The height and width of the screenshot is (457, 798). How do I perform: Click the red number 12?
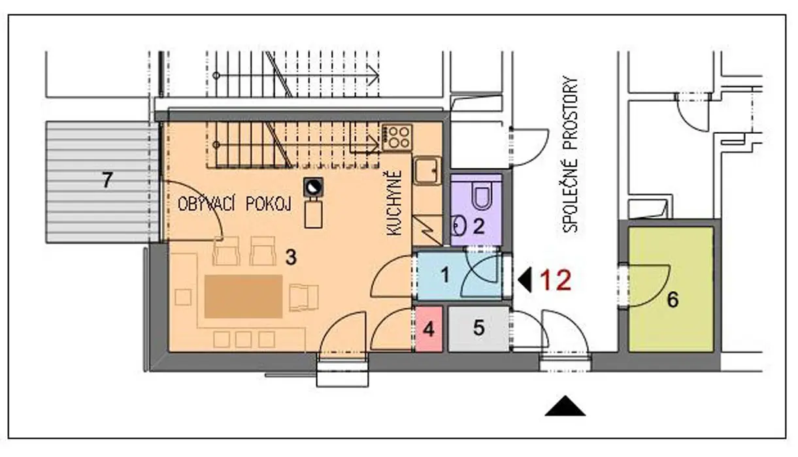coord(556,280)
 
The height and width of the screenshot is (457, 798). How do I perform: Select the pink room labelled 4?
coord(429,329)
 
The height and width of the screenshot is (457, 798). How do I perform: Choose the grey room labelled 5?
coord(478,329)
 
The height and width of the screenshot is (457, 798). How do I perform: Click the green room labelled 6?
coord(671,289)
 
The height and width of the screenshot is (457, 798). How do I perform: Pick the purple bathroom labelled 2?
coord(476,210)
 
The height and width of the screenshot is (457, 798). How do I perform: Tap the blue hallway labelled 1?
coord(459,276)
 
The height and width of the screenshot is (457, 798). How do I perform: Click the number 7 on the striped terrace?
coord(107,180)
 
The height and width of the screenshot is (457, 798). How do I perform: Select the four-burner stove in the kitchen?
coord(397,137)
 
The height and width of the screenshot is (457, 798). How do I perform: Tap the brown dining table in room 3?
coord(244,296)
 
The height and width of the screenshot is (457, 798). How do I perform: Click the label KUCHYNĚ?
coord(394,203)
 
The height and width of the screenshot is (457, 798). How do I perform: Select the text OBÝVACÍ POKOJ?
coord(235,204)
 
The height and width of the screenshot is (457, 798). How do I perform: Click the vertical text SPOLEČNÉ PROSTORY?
coord(570,154)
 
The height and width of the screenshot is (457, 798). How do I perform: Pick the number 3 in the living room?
coord(291,257)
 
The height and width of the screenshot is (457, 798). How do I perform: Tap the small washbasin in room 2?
coord(458,225)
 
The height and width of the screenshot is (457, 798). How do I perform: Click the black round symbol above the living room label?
coord(313,187)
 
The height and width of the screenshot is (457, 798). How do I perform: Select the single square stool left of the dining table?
coord(183,297)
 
